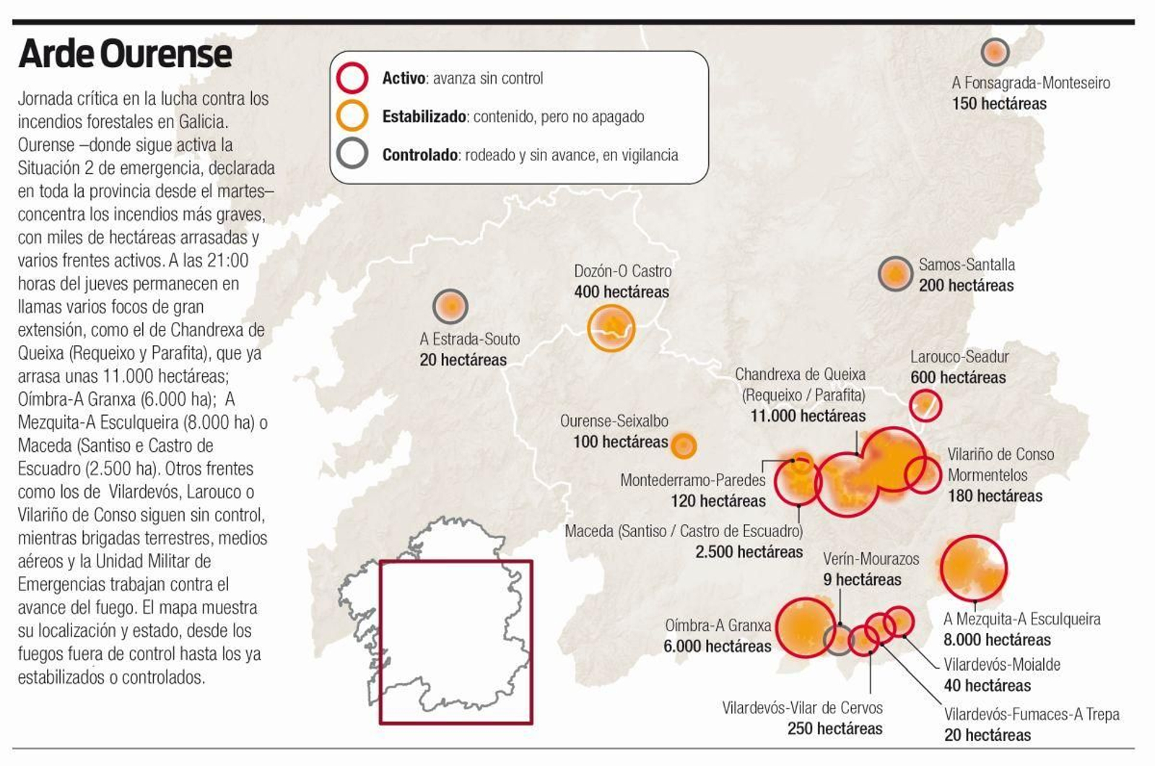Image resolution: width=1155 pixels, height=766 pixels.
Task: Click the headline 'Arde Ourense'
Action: pyautogui.click(x=125, y=54)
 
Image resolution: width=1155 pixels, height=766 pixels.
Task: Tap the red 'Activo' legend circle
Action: pyautogui.click(x=352, y=77)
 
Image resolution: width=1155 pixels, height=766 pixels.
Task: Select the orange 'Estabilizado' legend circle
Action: pyautogui.click(x=352, y=116)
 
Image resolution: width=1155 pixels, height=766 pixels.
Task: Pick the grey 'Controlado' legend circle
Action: pyautogui.click(x=352, y=154)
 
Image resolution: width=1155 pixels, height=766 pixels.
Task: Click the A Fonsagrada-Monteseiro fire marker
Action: pyautogui.click(x=995, y=52)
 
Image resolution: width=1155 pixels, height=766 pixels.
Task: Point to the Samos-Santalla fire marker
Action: pyautogui.click(x=895, y=274)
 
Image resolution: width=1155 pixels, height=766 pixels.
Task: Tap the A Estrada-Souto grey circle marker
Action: pyautogui.click(x=450, y=307)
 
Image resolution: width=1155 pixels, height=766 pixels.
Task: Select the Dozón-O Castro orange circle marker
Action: pyautogui.click(x=611, y=328)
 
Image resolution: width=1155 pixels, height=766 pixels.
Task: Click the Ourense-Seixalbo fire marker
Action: pyautogui.click(x=683, y=445)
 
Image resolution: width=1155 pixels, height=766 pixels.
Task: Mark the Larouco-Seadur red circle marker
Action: pyautogui.click(x=925, y=405)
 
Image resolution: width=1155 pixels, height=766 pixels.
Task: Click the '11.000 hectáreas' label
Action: pyautogui.click(x=808, y=416)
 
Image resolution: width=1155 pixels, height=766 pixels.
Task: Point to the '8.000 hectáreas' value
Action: pyautogui.click(x=997, y=640)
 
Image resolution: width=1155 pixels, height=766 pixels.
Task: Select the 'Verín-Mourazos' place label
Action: pyautogui.click(x=871, y=559)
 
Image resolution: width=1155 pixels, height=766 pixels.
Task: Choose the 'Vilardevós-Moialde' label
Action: pyautogui.click(x=1002, y=664)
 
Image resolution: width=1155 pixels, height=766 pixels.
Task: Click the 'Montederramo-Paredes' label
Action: pyautogui.click(x=693, y=480)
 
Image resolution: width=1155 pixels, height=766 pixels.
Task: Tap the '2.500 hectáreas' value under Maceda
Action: pyautogui.click(x=749, y=552)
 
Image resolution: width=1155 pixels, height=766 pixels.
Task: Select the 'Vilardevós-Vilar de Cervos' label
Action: pyautogui.click(x=802, y=708)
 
